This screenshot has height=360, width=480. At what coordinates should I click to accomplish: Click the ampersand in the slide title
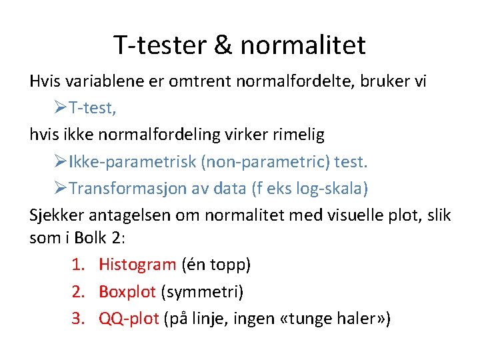tap(223, 45)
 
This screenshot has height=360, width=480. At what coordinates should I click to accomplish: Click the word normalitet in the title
tap(303, 45)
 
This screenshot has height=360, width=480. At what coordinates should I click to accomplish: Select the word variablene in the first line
tap(99, 81)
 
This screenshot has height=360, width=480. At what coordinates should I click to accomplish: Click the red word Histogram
tap(137, 265)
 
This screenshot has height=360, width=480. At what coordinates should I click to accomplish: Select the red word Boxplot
tap(127, 291)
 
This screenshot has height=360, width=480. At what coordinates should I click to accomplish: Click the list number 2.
tap(77, 291)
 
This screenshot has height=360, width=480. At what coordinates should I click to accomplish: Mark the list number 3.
tap(77, 319)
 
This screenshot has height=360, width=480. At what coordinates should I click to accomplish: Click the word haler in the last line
tap(354, 319)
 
